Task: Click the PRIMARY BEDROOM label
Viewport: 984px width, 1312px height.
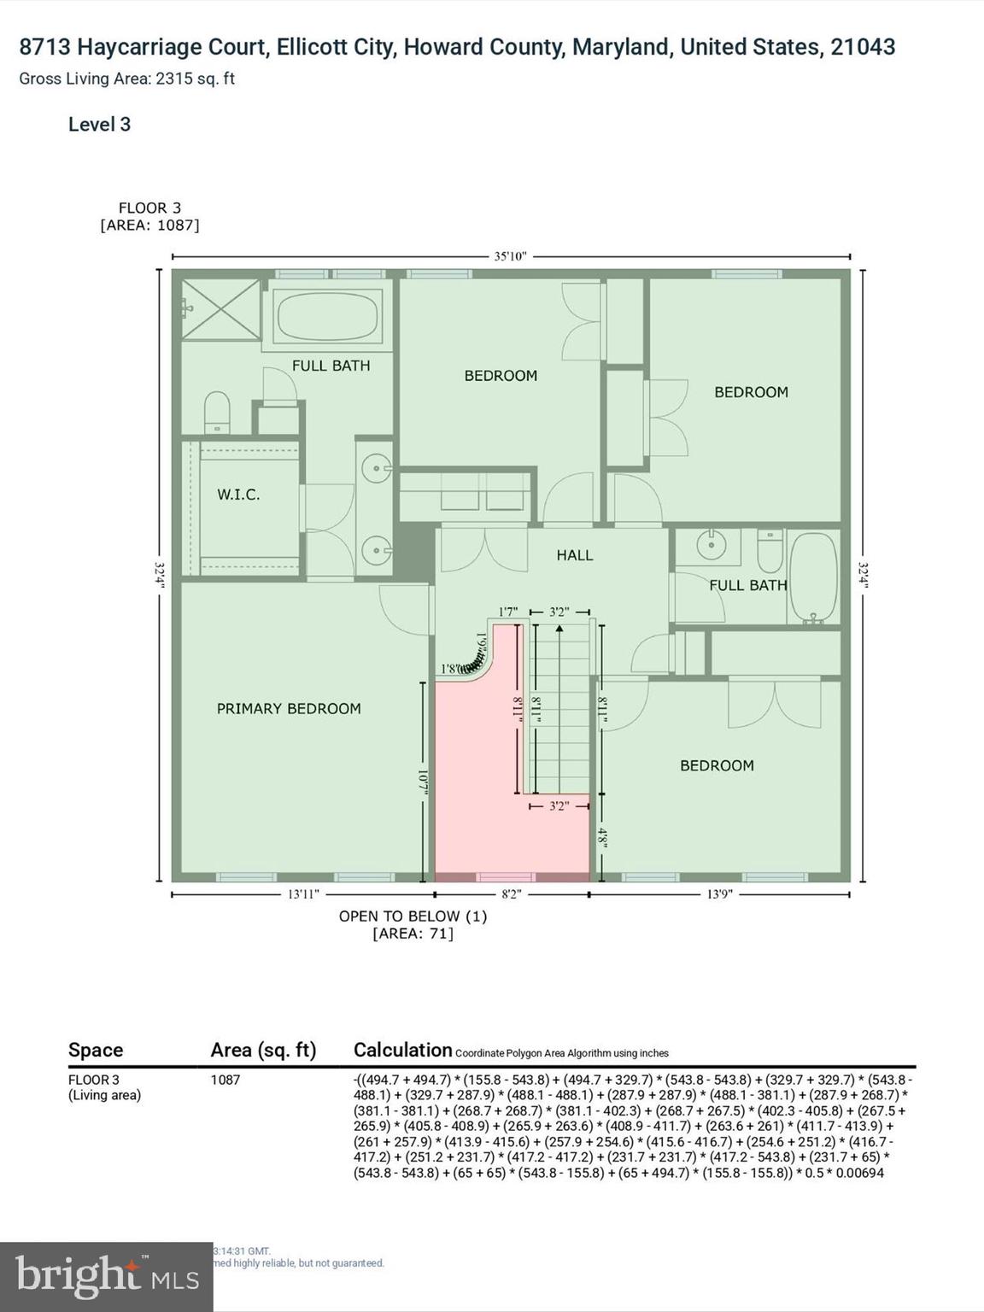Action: (x=289, y=708)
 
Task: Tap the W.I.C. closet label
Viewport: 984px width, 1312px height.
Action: (x=238, y=495)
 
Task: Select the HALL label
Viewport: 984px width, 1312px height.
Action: (x=574, y=555)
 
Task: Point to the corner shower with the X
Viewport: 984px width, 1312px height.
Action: (x=220, y=308)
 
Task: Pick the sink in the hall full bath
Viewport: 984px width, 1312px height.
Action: (x=707, y=544)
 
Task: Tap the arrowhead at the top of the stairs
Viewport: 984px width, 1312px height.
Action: (x=559, y=629)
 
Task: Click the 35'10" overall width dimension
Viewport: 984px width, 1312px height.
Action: (x=511, y=255)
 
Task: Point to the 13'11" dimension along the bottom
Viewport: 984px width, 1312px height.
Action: (x=302, y=894)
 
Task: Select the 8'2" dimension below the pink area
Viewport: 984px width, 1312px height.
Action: (x=511, y=894)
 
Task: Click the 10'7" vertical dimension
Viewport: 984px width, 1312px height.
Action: (x=422, y=784)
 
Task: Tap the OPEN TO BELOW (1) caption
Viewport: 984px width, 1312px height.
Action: (x=413, y=916)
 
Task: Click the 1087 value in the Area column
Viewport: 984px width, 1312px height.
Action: (x=225, y=1080)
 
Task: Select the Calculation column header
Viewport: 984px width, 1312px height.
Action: (x=402, y=1050)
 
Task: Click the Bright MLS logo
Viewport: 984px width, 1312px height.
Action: (x=106, y=1276)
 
